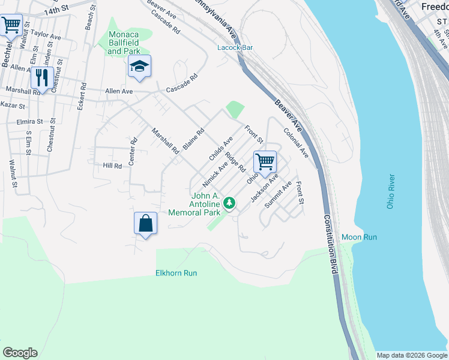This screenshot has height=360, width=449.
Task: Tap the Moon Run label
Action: [x=359, y=237]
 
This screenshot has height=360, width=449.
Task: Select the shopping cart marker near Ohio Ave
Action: [x=264, y=161]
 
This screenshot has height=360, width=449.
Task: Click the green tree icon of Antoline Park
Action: [x=229, y=204]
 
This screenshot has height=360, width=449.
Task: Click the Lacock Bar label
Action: [x=234, y=47]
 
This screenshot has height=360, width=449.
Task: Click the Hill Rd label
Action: [x=112, y=166]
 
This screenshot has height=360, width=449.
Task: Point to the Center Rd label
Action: [x=133, y=152]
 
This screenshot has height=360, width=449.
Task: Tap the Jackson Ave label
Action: [x=265, y=187]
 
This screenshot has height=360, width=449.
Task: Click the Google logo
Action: [x=20, y=353]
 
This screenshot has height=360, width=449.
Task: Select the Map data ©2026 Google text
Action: [x=411, y=355]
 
